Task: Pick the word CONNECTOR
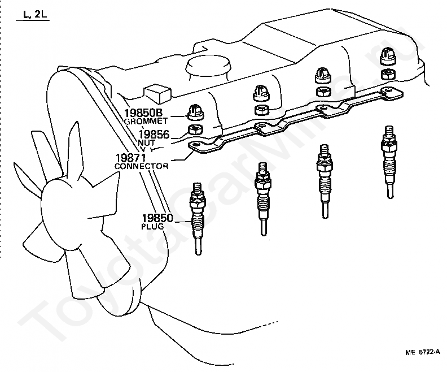[x=141, y=166]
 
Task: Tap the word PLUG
[x=152, y=226]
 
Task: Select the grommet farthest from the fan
[x=387, y=57]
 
